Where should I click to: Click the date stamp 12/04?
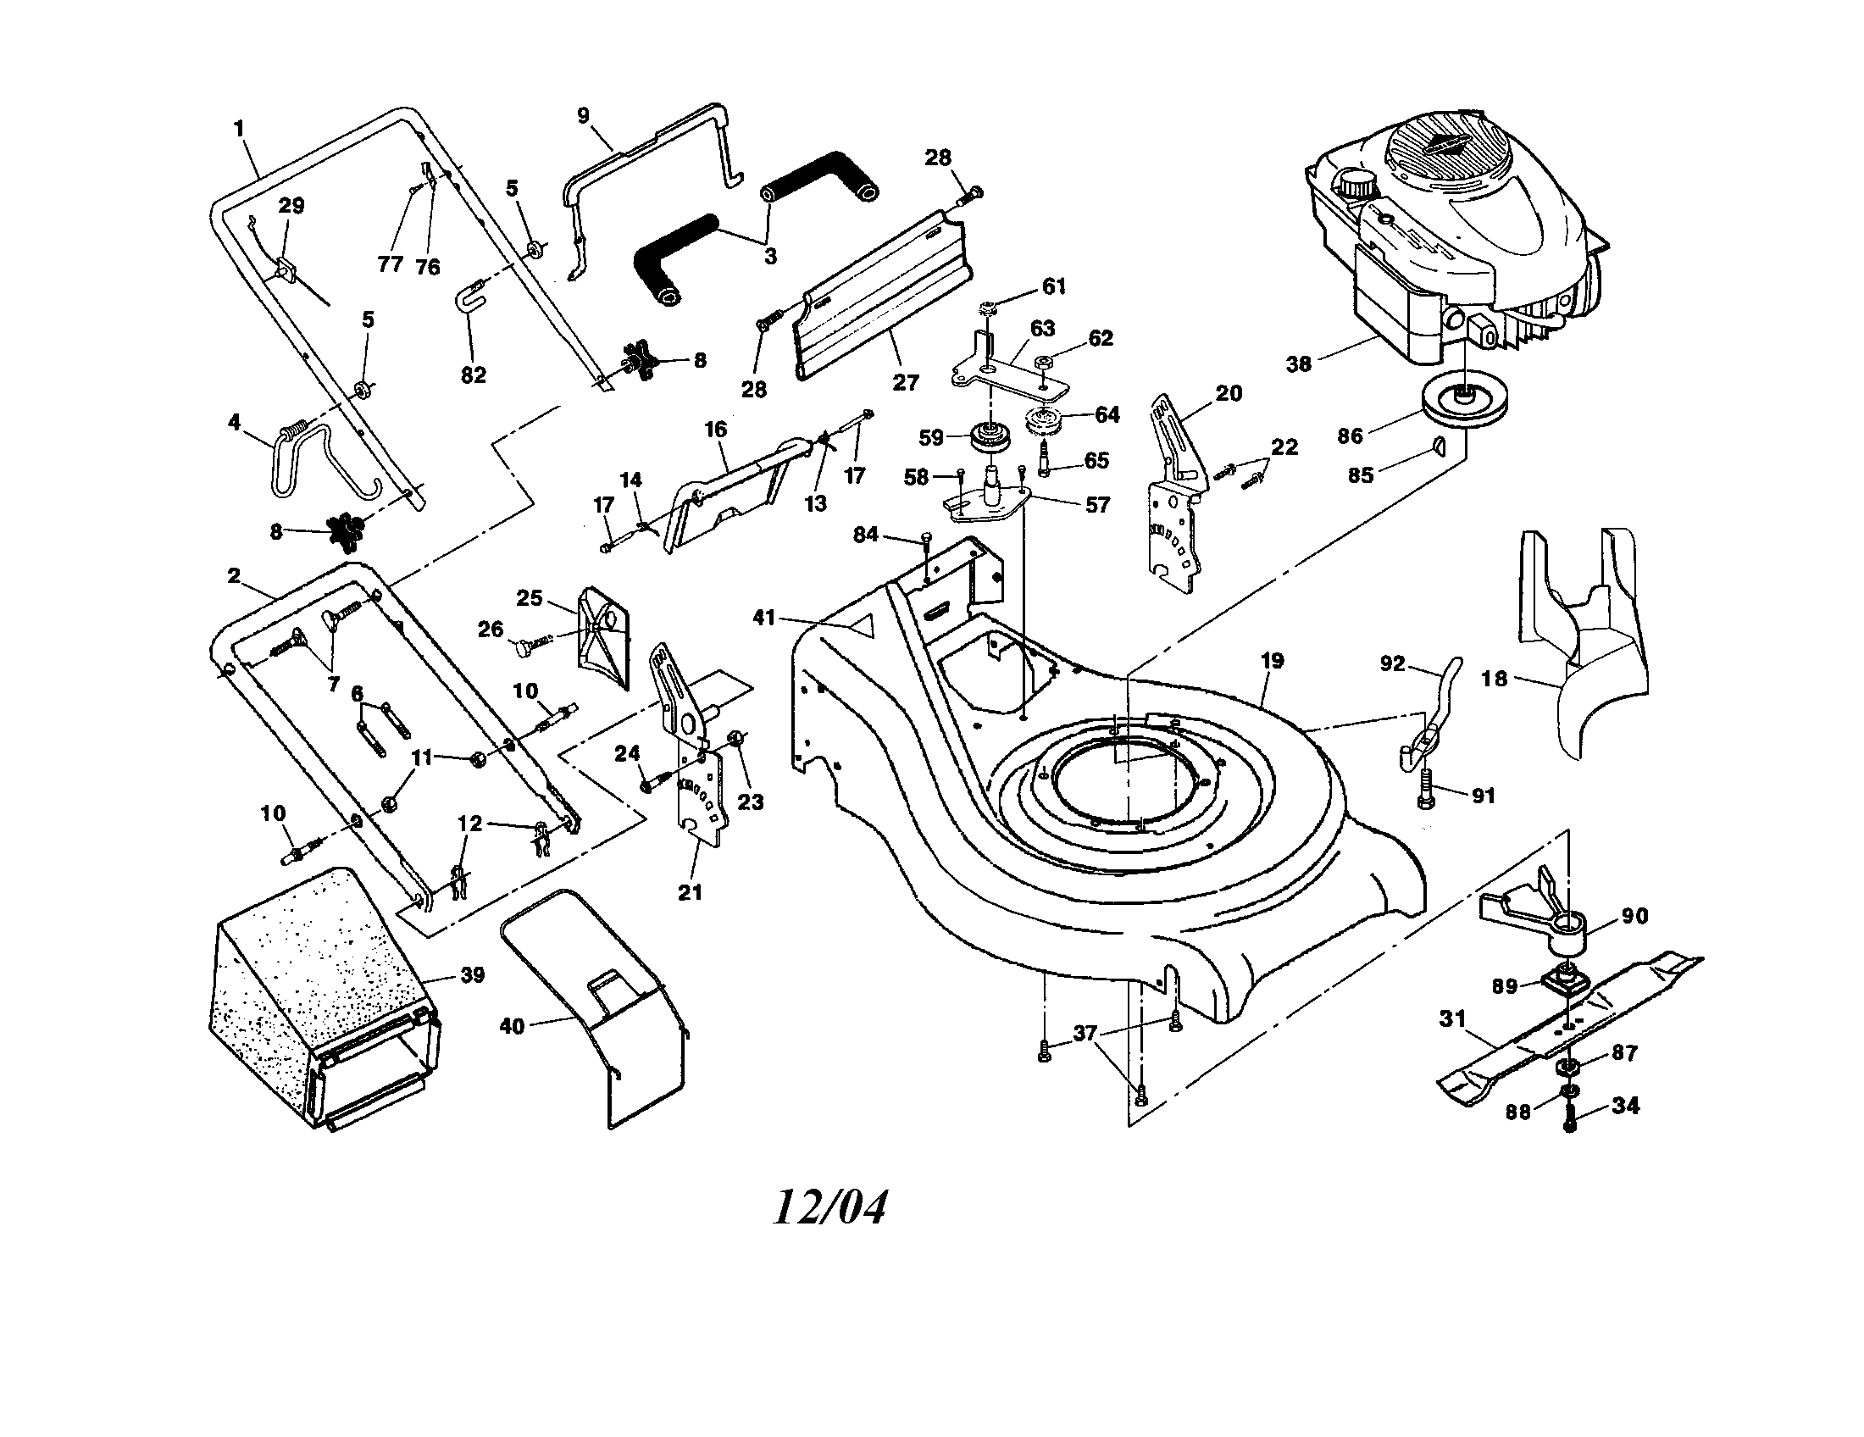[829, 1207]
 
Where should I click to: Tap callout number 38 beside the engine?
[1298, 364]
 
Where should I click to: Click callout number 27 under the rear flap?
[906, 381]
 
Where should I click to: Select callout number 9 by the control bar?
[584, 116]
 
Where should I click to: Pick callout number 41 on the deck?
[764, 616]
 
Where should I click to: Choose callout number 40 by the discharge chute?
[512, 1026]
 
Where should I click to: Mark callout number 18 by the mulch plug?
[1494, 679]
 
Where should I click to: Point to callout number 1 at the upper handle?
[239, 129]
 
